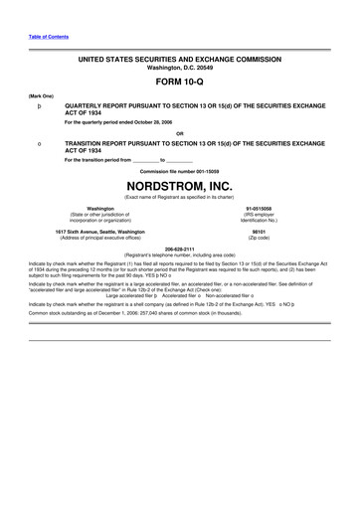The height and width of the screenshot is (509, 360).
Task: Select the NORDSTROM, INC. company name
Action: tap(180, 186)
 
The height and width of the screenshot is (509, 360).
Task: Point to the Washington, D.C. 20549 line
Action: tap(180, 68)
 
